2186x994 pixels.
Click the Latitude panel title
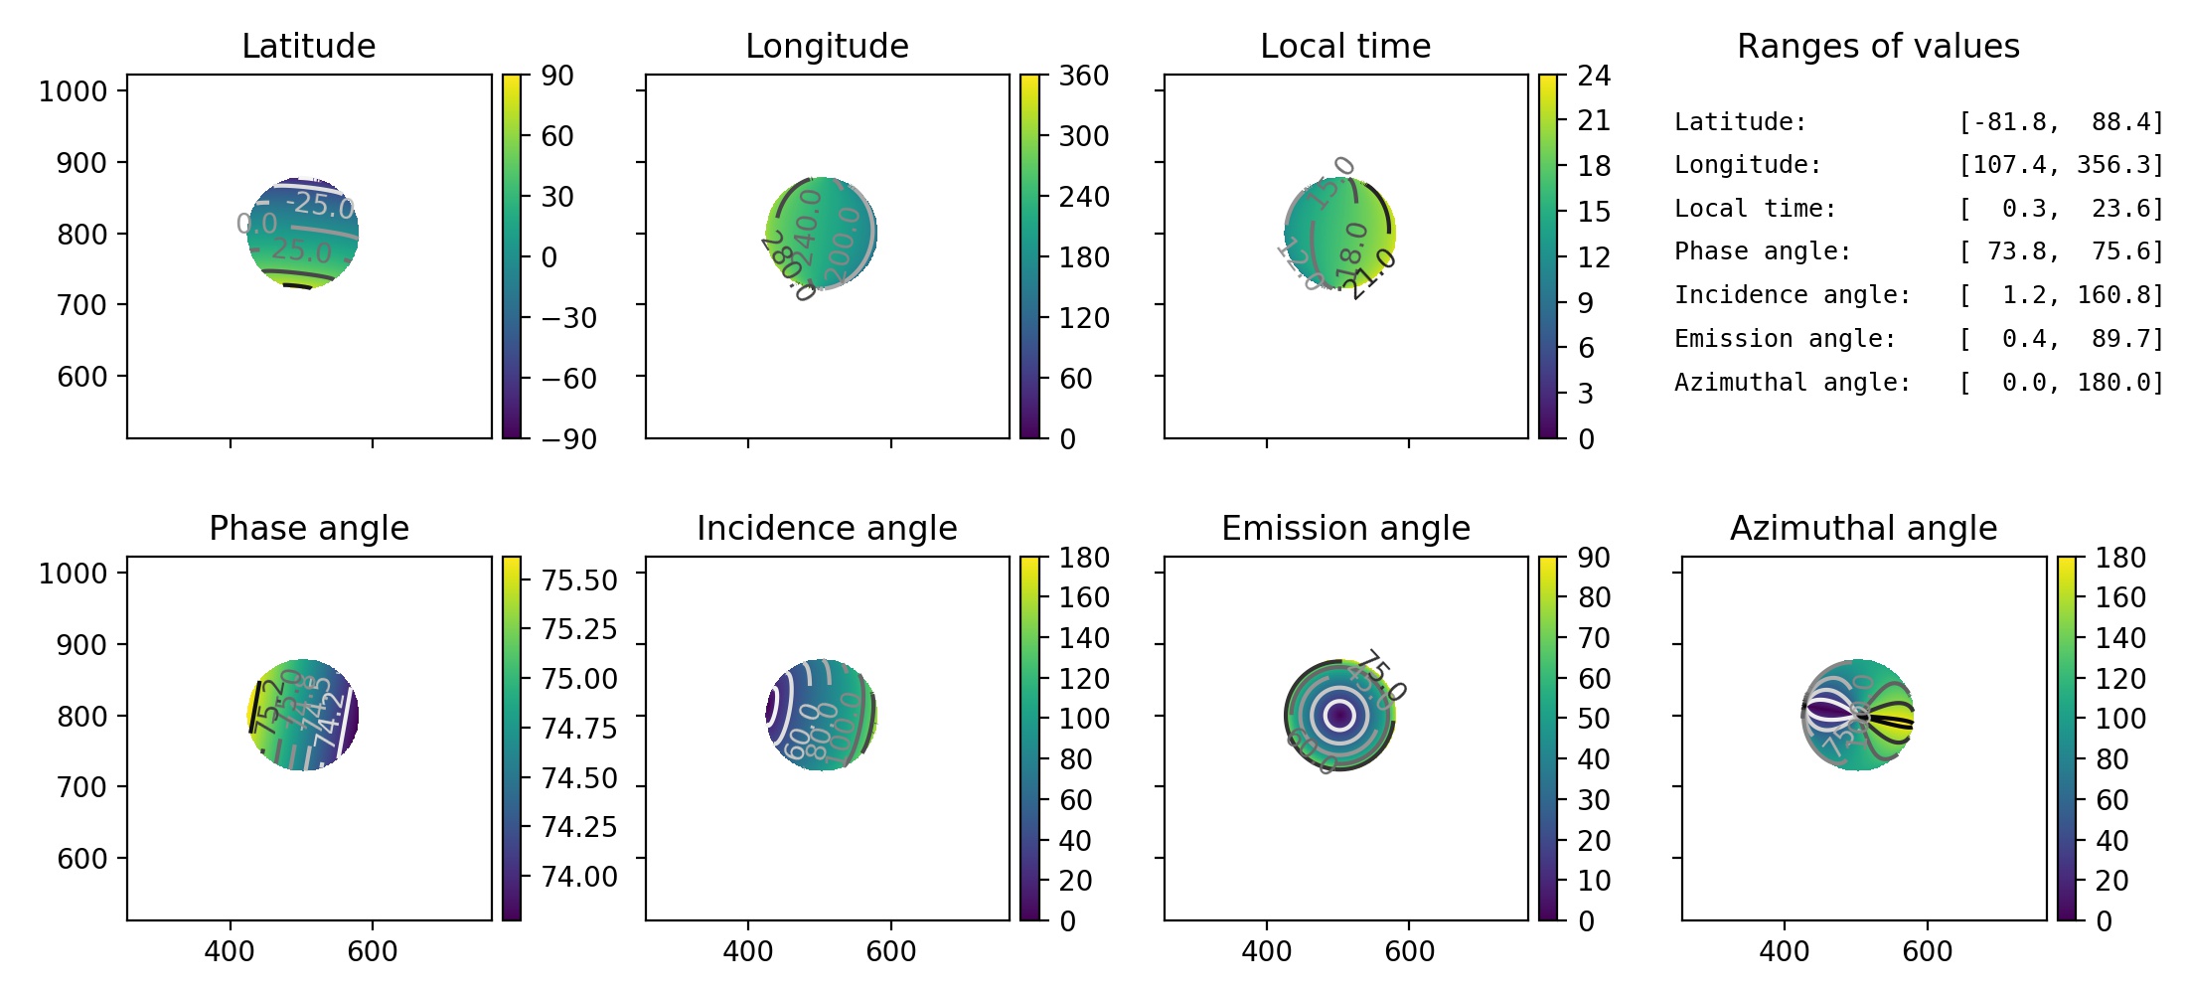point(308,46)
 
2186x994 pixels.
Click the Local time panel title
point(1345,46)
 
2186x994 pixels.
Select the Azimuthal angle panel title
point(1863,528)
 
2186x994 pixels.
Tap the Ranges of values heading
point(1878,46)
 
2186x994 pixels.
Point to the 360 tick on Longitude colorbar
point(1083,76)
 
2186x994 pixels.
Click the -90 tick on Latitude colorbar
point(568,438)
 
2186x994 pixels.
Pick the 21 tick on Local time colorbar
point(1594,120)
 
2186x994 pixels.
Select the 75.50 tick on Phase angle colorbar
point(578,580)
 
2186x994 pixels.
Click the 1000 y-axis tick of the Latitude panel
point(73,91)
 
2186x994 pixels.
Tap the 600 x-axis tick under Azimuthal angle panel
point(1927,951)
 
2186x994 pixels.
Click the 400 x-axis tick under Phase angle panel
point(230,951)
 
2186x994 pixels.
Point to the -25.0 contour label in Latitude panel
point(320,204)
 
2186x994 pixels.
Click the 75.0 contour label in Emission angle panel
point(1382,675)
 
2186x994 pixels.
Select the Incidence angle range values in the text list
point(2061,295)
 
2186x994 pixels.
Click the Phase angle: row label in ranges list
point(1763,251)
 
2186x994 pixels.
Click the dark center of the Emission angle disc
point(1339,715)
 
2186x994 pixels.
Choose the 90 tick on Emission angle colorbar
point(1594,558)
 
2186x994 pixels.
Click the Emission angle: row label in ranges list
point(1785,339)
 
